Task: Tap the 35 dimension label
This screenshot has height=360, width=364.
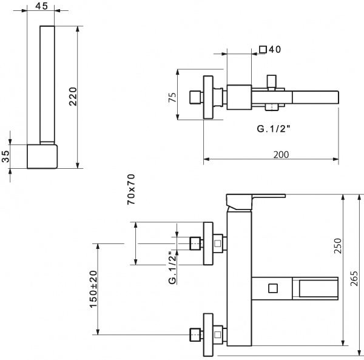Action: [6, 156]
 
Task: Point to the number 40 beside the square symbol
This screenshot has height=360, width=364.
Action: [275, 50]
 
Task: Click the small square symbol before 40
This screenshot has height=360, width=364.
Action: [263, 50]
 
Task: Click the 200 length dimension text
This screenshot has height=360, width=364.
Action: [280, 155]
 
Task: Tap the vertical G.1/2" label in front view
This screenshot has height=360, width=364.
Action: [172, 268]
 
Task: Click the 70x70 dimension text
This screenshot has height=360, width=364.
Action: [131, 189]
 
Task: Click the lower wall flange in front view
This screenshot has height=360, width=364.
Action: [207, 333]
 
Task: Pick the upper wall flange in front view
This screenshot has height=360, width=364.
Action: [207, 243]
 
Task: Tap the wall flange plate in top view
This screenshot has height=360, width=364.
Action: [207, 97]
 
